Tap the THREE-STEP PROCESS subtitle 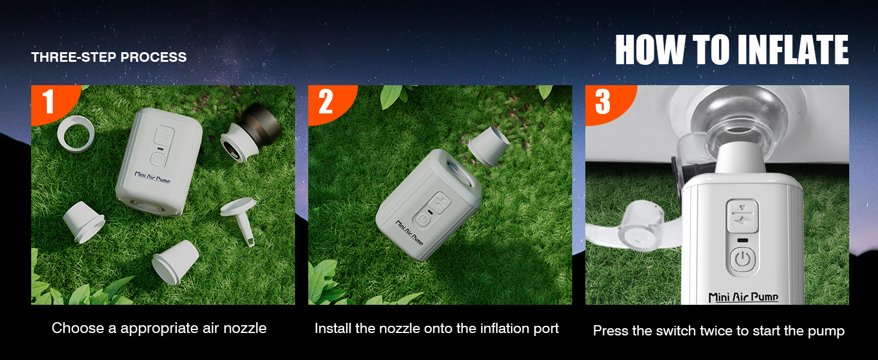pos(109,58)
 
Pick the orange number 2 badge pos(326,102)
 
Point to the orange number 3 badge pos(602,102)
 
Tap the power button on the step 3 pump pos(742,261)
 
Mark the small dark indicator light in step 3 pos(742,240)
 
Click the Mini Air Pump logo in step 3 pos(743,296)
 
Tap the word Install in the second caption pos(334,329)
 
